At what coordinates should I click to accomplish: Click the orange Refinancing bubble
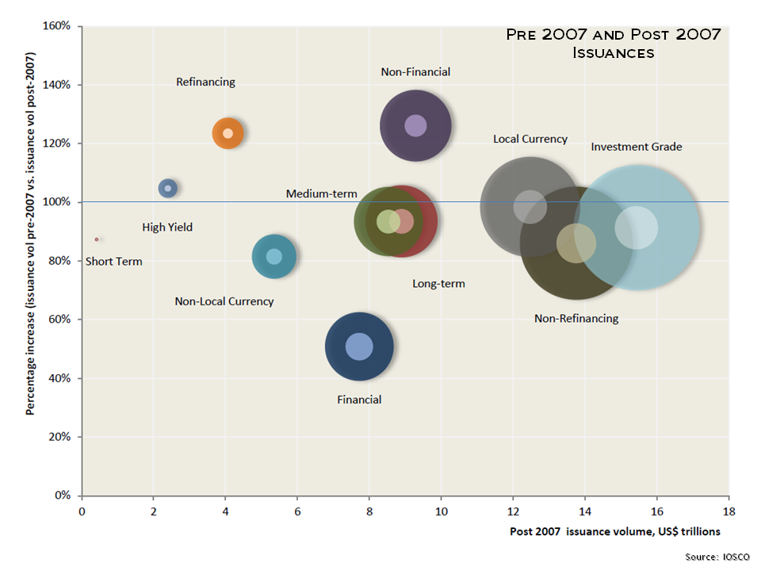pos(228,133)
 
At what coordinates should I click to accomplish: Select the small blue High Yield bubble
pos(167,188)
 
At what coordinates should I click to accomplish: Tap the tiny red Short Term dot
pos(97,239)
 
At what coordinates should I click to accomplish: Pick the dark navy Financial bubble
pos(359,347)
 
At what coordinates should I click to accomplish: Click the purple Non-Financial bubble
pos(415,125)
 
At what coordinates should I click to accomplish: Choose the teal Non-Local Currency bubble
pos(273,256)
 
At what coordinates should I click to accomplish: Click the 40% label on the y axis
pos(60,378)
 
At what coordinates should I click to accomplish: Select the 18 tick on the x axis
pos(728,511)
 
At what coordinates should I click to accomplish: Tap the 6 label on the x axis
pos(297,511)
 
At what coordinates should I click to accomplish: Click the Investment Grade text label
pos(636,147)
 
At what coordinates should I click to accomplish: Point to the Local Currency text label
pos(530,139)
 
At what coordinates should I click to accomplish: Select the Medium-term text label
pos(321,194)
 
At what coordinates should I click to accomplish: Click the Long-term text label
pos(438,283)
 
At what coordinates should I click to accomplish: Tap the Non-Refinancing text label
pos(576,318)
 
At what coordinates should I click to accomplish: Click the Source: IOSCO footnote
pos(717,558)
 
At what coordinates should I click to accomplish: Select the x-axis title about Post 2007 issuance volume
pos(615,531)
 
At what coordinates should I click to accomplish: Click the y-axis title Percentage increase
pos(30,234)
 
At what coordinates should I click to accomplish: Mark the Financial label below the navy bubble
pos(359,400)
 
